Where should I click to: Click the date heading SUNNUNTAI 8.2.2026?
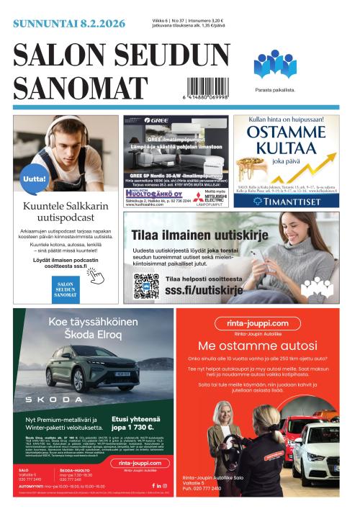(69, 24)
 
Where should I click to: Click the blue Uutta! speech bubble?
(35, 179)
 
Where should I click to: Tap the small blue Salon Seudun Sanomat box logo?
(66, 288)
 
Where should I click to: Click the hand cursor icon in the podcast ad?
(94, 274)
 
